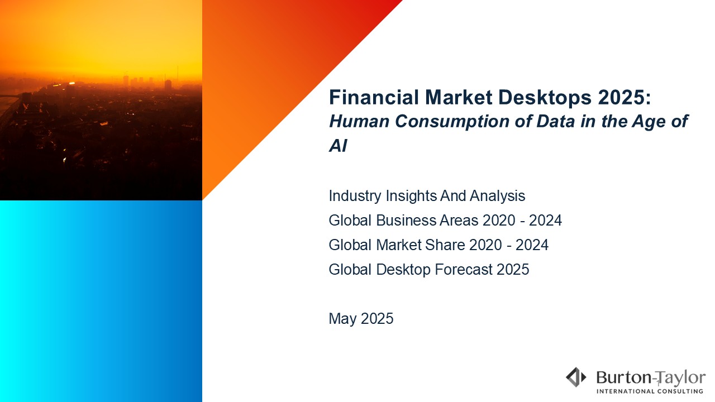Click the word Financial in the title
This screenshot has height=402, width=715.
point(374,97)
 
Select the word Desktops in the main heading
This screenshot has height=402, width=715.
point(545,98)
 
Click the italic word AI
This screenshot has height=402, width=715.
point(338,146)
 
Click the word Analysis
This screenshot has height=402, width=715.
point(497,195)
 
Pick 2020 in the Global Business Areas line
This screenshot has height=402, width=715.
point(499,220)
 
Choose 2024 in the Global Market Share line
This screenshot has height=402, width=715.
point(532,245)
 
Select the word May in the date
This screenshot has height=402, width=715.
point(342,319)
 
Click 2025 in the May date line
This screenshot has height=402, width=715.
point(377,318)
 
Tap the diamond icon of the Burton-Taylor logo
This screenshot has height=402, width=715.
point(576,377)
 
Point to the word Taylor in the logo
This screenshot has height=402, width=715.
point(680,379)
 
